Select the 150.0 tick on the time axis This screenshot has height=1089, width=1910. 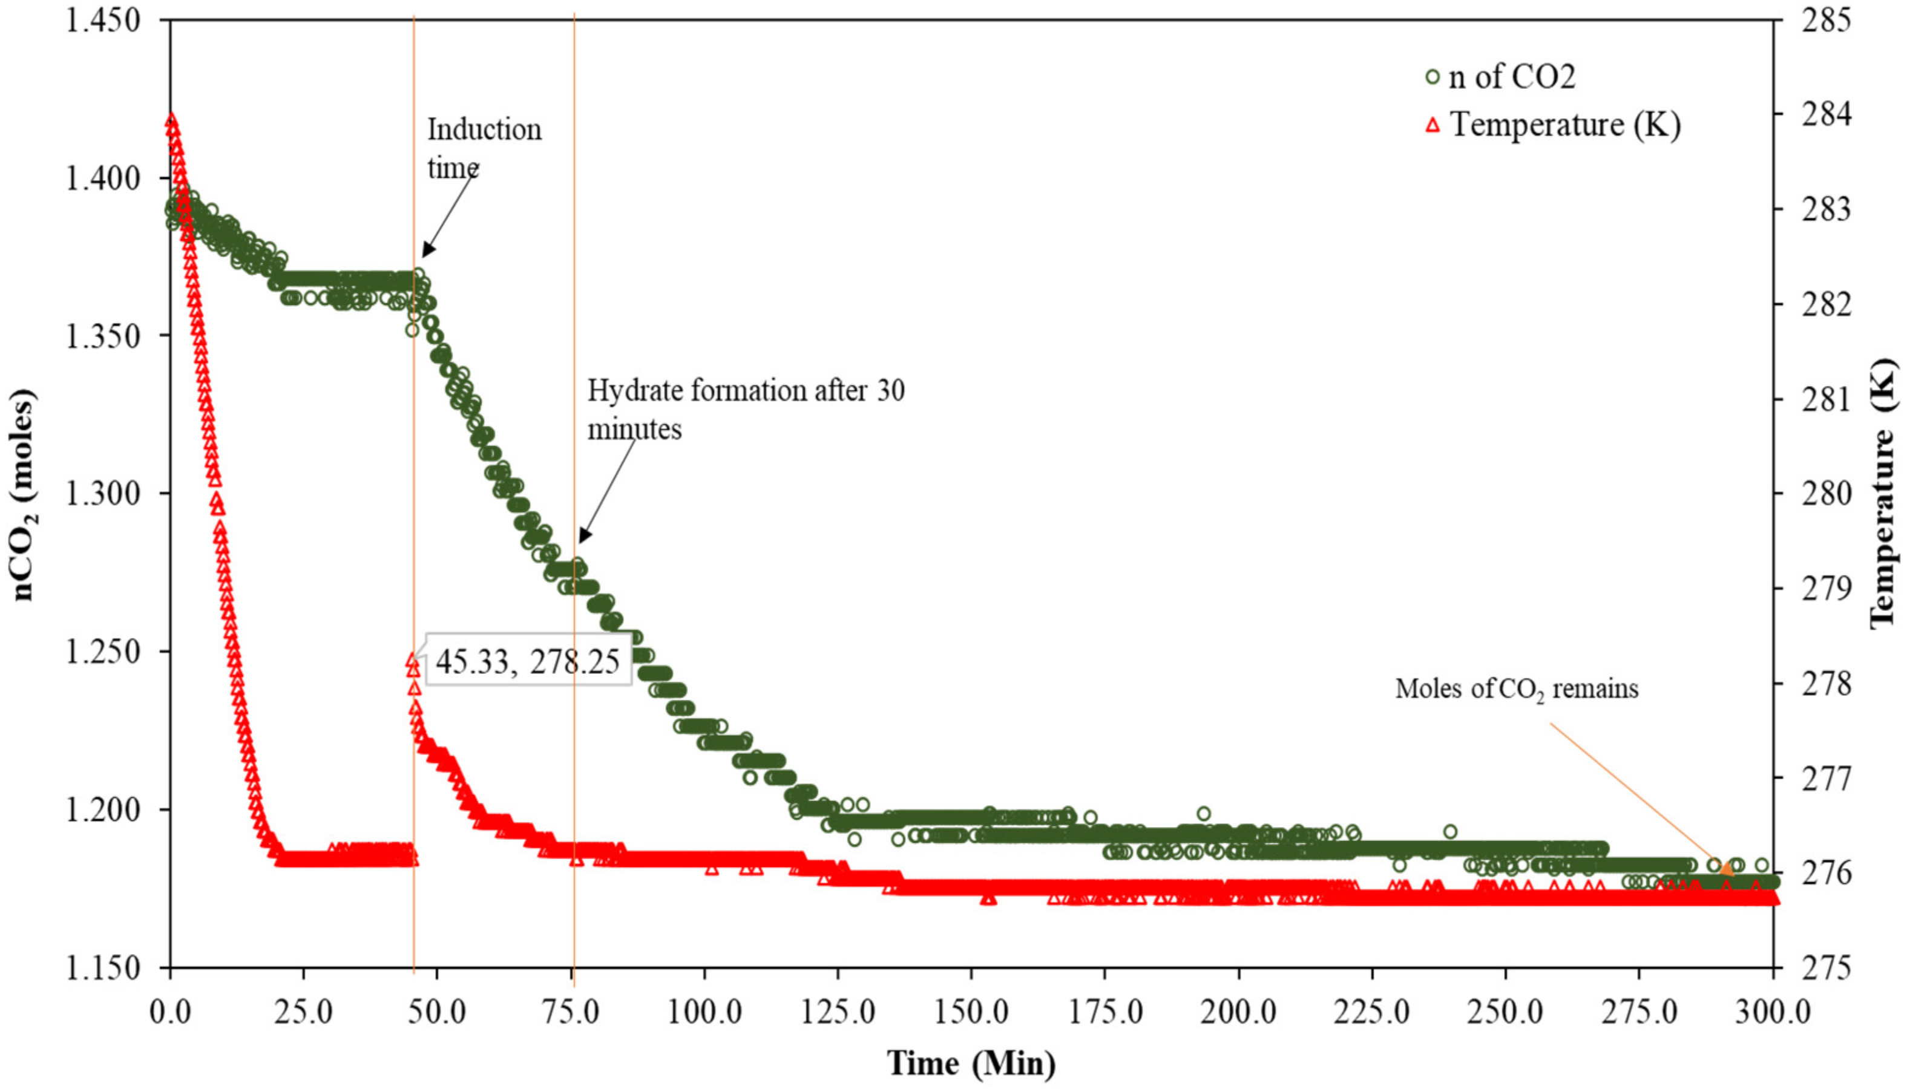point(971,1013)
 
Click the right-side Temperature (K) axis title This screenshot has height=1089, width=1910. point(1886,494)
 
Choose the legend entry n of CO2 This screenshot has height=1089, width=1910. point(1511,77)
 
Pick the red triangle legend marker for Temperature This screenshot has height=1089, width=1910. point(1432,125)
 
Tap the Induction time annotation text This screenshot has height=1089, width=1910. point(484,148)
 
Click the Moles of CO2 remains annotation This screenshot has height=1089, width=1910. point(1516,688)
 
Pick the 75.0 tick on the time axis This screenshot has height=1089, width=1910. point(571,1013)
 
